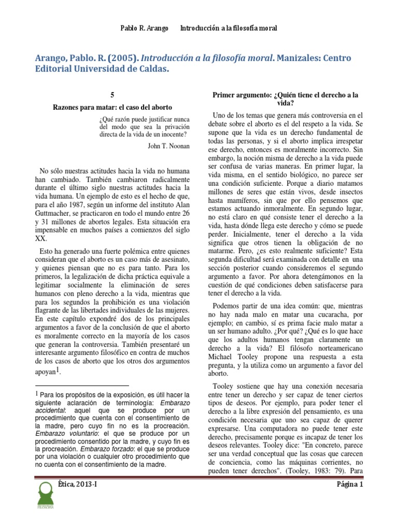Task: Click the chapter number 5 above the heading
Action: click(112, 95)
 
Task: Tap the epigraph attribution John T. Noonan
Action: click(168, 146)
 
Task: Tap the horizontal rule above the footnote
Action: click(82, 386)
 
